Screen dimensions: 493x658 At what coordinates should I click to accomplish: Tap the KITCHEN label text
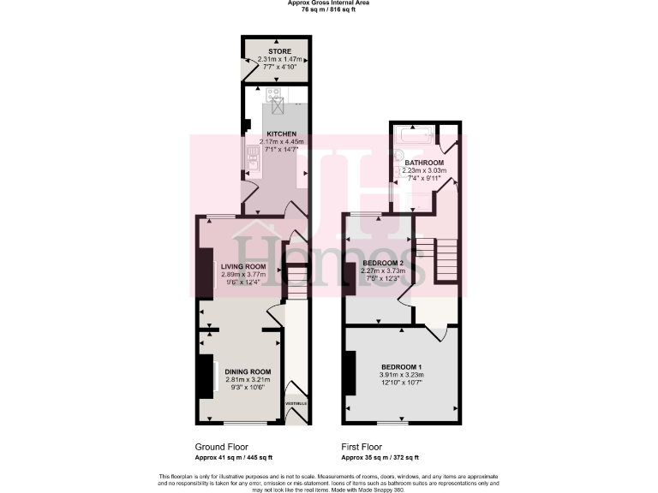[281, 134]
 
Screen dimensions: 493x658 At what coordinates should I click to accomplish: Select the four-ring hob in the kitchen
[275, 95]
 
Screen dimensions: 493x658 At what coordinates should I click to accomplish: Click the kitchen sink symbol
[253, 156]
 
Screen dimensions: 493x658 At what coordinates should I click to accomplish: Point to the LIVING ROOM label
[244, 266]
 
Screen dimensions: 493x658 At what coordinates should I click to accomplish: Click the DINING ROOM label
[247, 371]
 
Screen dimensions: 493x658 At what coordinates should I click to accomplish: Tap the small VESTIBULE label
[296, 403]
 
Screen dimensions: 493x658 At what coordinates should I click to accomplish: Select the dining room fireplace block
[206, 377]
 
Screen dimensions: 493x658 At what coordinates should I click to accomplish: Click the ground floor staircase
[296, 282]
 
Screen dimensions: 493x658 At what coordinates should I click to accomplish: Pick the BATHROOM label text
[424, 163]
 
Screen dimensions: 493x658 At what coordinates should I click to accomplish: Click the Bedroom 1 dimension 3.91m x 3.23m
[401, 375]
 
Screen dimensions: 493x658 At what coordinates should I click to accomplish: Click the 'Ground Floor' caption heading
[222, 447]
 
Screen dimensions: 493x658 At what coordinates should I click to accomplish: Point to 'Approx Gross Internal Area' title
[328, 3]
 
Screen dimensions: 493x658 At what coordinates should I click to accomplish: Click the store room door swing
[250, 64]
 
